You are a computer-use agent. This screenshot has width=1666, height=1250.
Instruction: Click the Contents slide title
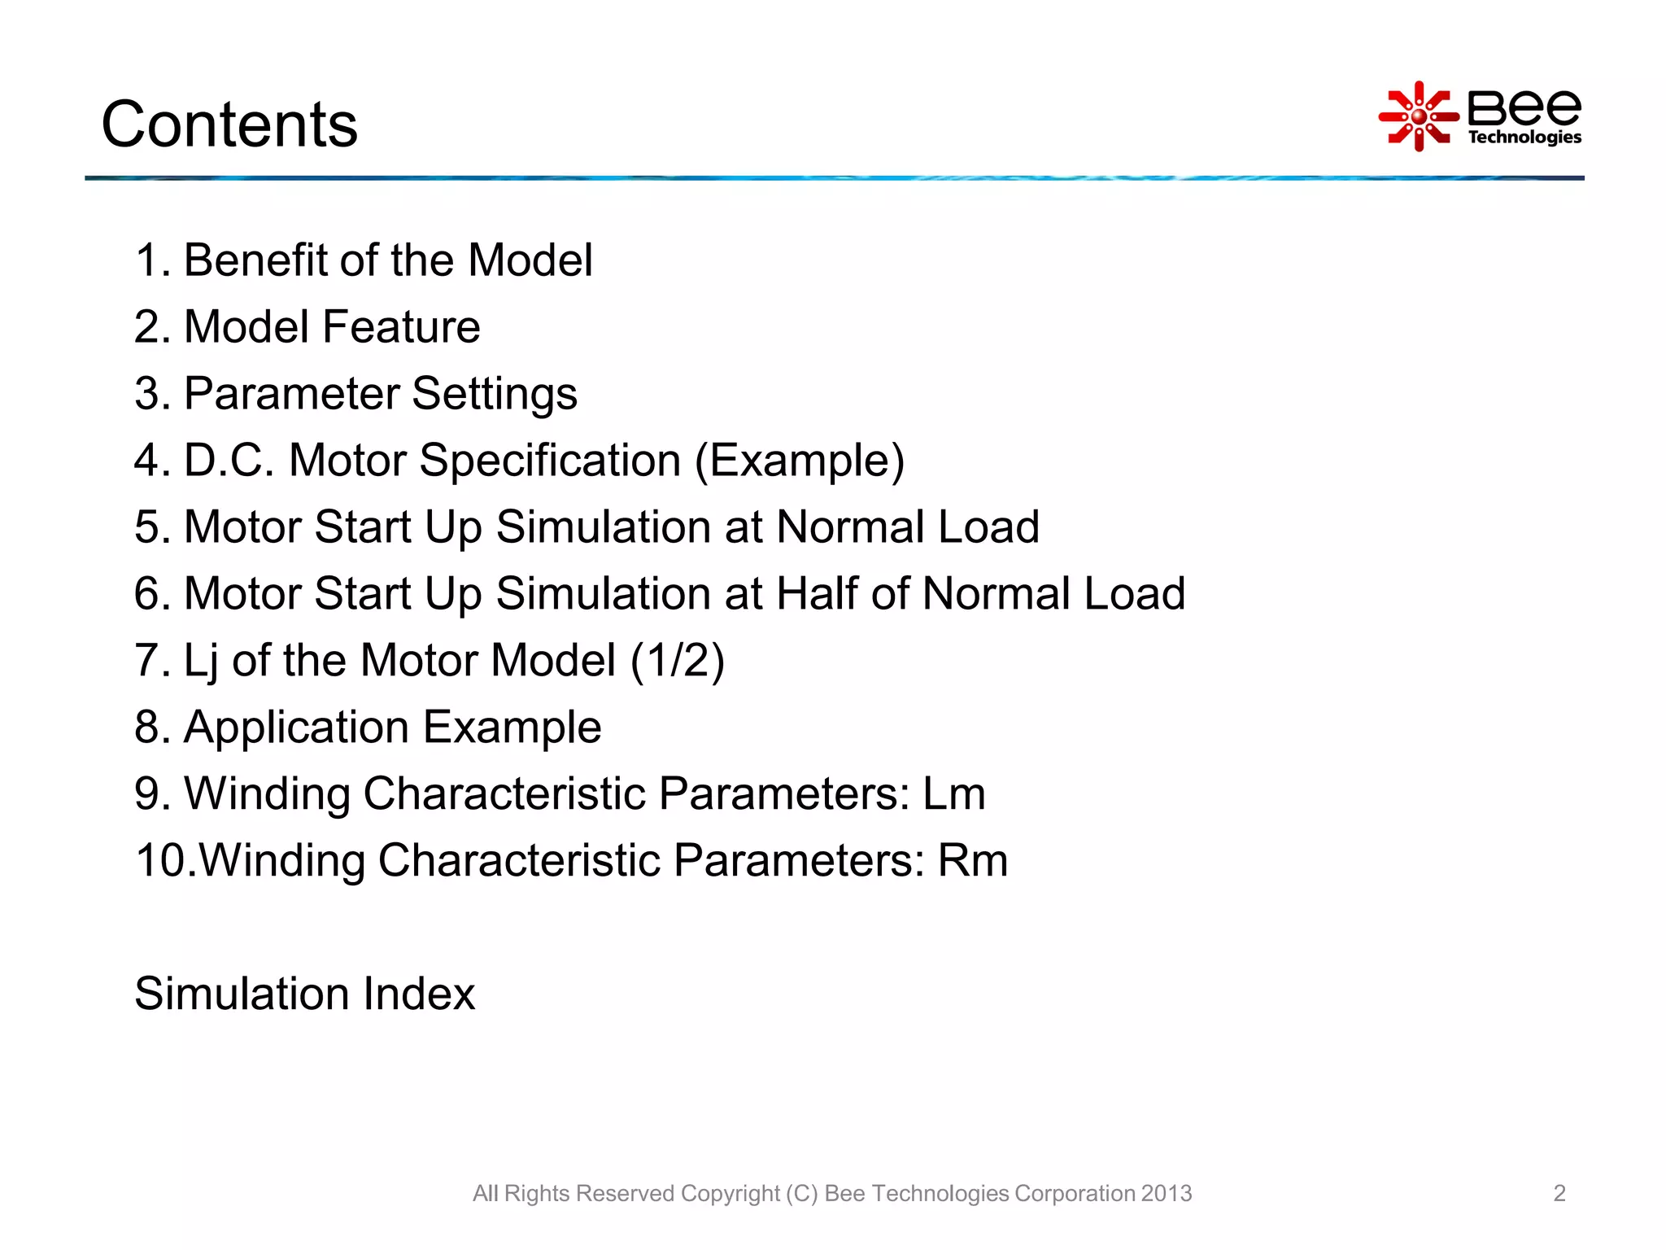point(229,125)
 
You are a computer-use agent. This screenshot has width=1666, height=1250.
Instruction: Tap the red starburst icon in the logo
point(1419,116)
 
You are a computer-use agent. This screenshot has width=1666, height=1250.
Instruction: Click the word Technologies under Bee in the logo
point(1524,138)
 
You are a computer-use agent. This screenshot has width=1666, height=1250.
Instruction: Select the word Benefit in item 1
point(255,260)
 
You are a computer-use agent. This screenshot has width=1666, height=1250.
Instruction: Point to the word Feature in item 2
point(401,327)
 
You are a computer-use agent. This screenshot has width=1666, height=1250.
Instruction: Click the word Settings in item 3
point(495,395)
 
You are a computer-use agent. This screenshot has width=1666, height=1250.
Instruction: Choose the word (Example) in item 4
point(799,461)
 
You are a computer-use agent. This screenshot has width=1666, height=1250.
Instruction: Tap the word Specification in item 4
point(550,461)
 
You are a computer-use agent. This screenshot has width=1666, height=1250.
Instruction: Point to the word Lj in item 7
point(201,662)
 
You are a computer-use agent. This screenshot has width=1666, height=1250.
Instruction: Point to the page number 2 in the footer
point(1559,1193)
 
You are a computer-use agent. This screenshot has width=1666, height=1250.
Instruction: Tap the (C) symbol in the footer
point(801,1193)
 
